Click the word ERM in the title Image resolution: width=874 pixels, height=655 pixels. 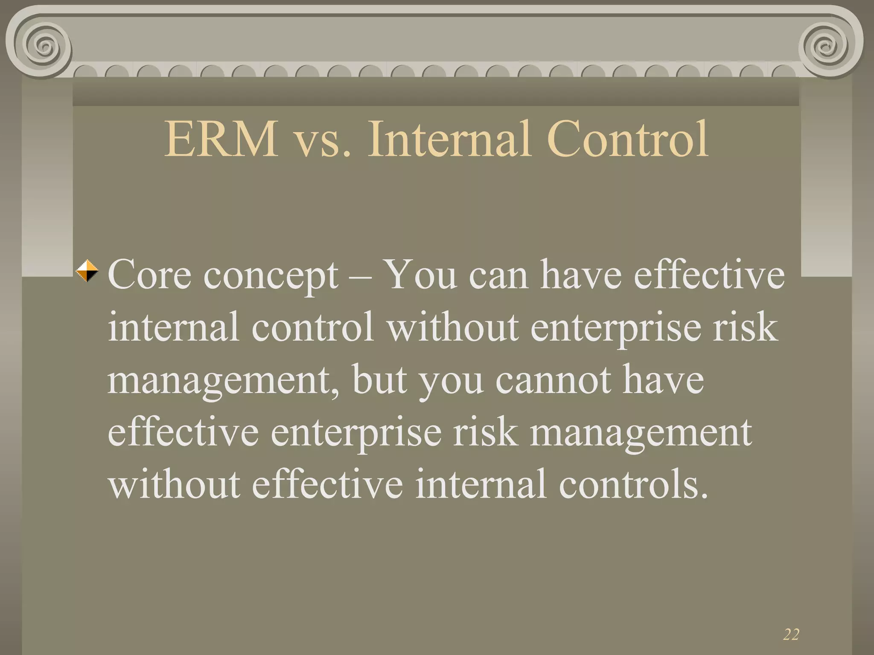pos(221,139)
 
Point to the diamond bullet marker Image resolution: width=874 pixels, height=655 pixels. pos(87,271)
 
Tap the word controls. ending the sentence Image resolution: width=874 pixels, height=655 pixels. pos(633,484)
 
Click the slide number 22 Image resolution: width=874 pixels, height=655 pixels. pos(791,635)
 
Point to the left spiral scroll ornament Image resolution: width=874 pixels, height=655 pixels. pos(43,45)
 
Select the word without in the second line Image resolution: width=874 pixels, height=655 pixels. pos(453,327)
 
